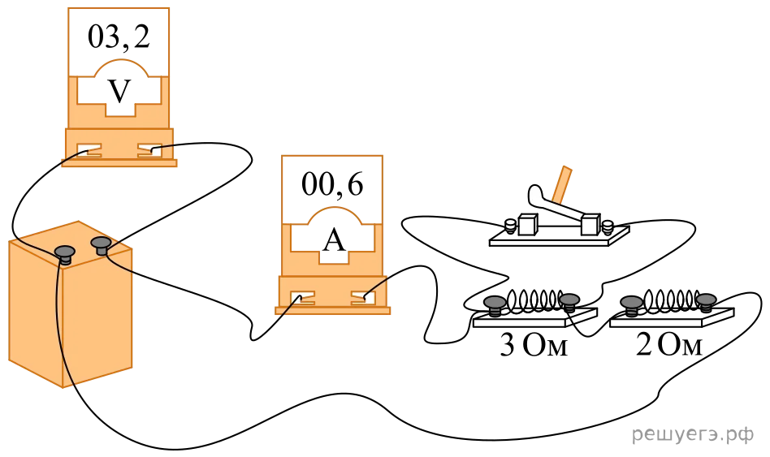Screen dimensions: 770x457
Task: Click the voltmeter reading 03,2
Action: pos(119,37)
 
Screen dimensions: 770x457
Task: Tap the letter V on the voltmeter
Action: pos(119,91)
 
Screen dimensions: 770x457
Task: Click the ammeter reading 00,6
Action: pos(332,185)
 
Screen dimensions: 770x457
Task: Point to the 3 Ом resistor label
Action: pos(534,344)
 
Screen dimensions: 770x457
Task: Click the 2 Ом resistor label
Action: pos(669,344)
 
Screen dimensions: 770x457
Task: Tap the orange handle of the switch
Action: pos(561,185)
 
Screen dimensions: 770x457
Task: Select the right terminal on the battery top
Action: pos(102,245)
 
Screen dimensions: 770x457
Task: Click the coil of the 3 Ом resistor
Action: pos(533,300)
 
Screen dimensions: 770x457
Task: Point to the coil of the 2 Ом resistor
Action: pos(670,300)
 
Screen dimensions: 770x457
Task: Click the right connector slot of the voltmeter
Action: pos(149,149)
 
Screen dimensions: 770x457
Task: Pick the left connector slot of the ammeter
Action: pos(302,297)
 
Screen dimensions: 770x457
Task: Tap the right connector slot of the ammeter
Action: pos(363,297)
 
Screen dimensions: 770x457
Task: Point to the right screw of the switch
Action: pos(608,226)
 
